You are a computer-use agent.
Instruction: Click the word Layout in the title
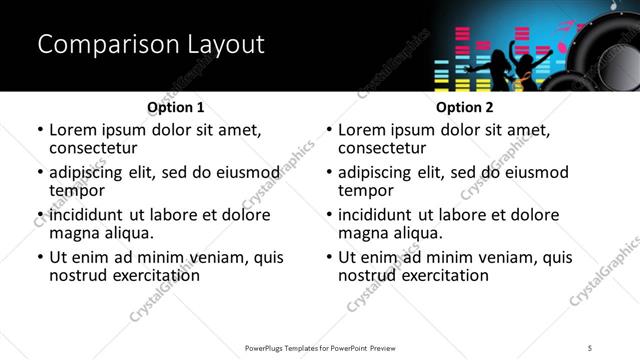223,44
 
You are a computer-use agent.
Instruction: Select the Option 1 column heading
175,106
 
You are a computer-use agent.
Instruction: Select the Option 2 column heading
464,106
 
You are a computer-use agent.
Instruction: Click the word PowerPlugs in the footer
268,348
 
